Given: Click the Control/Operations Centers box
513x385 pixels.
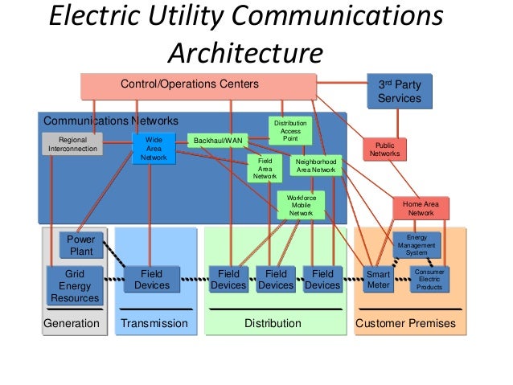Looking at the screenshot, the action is pyautogui.click(x=199, y=86).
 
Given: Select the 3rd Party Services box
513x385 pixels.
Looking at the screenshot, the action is pyautogui.click(x=400, y=91).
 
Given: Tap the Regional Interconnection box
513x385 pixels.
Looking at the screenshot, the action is pyautogui.click(x=72, y=144).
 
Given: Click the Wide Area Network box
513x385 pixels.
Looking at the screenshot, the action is pyautogui.click(x=154, y=149).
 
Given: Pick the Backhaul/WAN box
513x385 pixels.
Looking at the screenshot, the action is pyautogui.click(x=218, y=141).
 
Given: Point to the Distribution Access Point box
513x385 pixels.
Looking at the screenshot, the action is pyautogui.click(x=290, y=131).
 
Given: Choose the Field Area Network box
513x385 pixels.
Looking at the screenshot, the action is pyautogui.click(x=265, y=169).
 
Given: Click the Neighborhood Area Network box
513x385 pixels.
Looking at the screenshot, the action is pyautogui.click(x=316, y=166).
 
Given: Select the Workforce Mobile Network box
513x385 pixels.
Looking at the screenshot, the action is pyautogui.click(x=301, y=206).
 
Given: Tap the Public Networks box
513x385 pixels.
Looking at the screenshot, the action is pyautogui.click(x=384, y=149).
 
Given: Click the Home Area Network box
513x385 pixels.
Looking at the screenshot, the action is pyautogui.click(x=421, y=208).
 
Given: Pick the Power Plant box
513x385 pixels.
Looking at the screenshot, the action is pyautogui.click(x=81, y=245).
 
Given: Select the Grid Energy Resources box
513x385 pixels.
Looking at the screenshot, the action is pyautogui.click(x=75, y=285).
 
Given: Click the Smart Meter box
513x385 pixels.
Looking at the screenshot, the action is pyautogui.click(x=378, y=280).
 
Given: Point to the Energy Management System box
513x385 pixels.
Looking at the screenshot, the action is pyautogui.click(x=417, y=245).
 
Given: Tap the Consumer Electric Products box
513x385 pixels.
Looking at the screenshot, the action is pyautogui.click(x=429, y=280).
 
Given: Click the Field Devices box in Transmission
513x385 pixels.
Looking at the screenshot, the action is pyautogui.click(x=152, y=280).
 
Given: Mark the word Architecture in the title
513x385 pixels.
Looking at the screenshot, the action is pyautogui.click(x=246, y=53).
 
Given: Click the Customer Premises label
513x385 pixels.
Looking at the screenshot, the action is pyautogui.click(x=406, y=323).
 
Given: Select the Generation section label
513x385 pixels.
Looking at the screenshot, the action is pyautogui.click(x=72, y=323).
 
